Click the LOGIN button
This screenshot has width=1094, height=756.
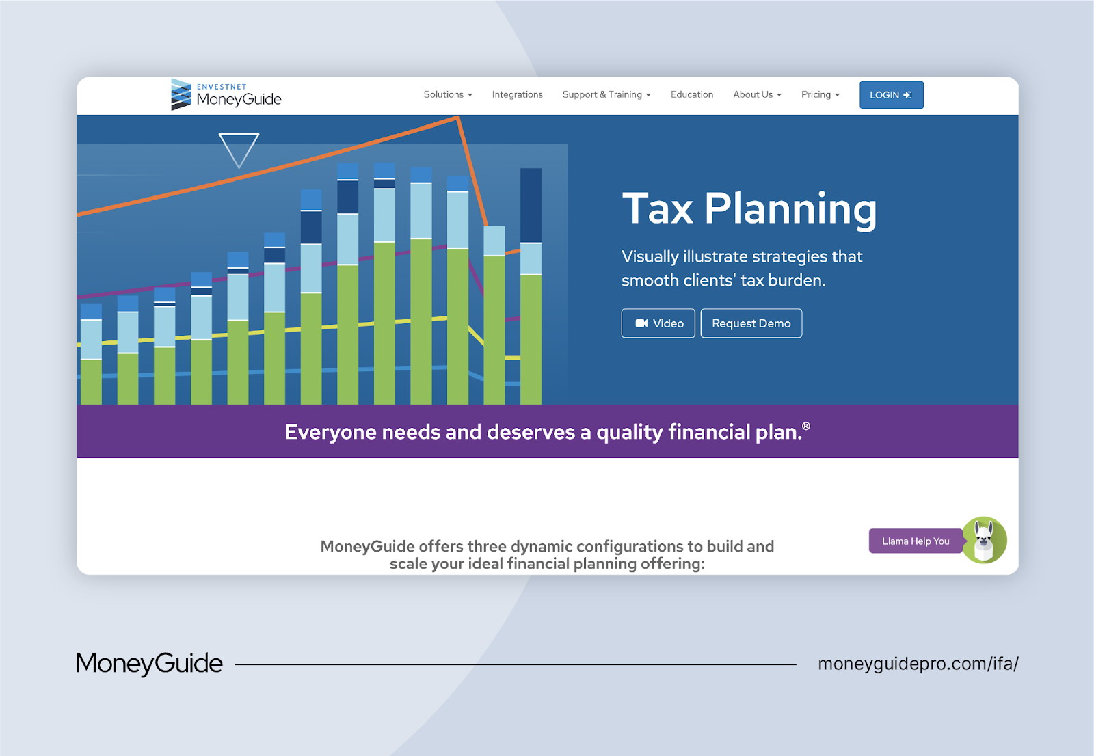[891, 95]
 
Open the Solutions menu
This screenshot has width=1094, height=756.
[448, 95]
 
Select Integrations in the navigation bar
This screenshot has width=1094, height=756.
[517, 95]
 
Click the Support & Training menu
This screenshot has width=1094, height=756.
[606, 95]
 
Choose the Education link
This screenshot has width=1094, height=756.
[691, 95]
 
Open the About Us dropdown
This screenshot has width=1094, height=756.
[757, 95]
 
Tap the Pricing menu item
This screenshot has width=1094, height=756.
[820, 95]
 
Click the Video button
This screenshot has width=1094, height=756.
[658, 323]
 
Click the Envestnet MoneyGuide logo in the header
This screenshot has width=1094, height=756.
[226, 95]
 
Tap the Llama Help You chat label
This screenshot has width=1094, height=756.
[915, 541]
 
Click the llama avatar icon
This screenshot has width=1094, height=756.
[985, 540]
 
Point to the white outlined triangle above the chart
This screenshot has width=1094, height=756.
[239, 148]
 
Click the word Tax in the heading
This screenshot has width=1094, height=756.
[658, 208]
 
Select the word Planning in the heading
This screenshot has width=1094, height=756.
[790, 208]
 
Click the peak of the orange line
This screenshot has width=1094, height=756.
[457, 118]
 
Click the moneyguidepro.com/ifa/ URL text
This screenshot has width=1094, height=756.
[918, 664]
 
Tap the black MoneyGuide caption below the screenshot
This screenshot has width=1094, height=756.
[149, 664]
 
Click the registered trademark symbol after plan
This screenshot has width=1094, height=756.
[806, 427]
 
